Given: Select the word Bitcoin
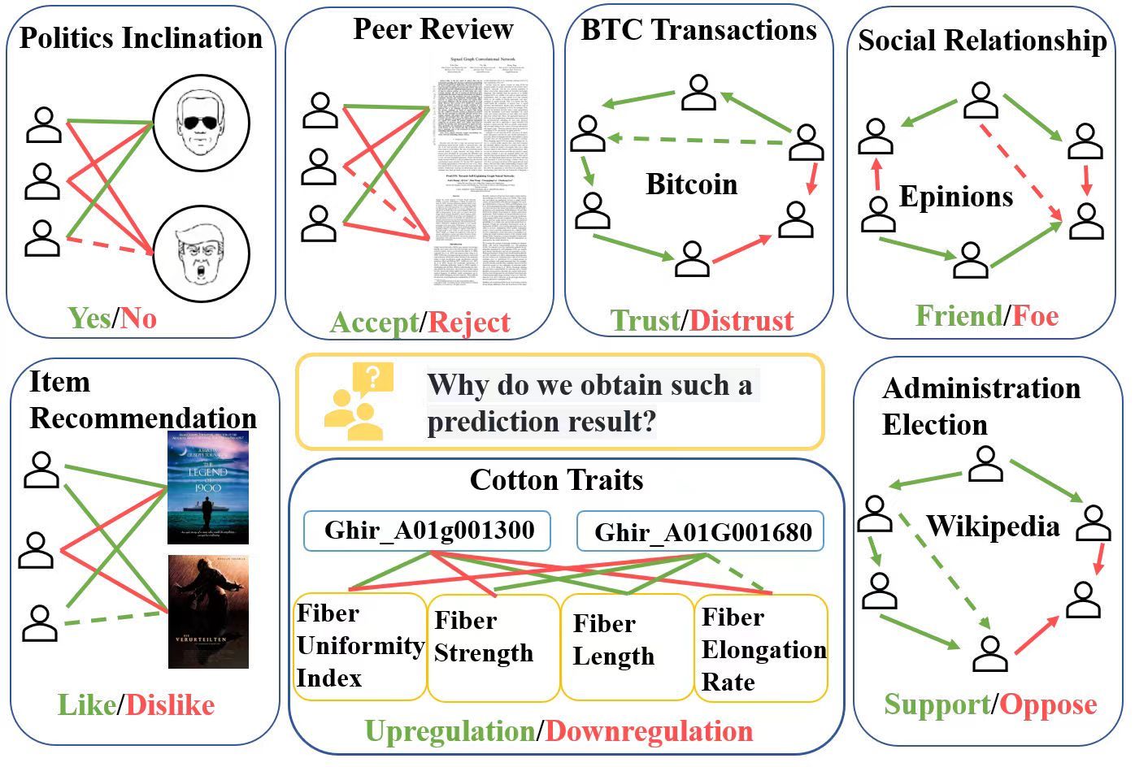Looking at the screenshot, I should (691, 184).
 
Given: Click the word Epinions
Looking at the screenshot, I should (955, 197).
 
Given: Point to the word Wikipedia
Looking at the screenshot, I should (993, 526).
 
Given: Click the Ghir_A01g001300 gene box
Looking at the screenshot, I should (428, 531).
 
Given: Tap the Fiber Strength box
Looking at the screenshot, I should (494, 647).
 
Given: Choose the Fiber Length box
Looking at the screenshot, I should (626, 647).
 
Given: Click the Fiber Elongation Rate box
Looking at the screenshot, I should (761, 648).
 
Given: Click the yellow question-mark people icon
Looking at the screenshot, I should (358, 401).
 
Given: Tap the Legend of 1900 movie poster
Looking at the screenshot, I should (207, 487).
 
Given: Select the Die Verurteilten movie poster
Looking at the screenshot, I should (207, 611).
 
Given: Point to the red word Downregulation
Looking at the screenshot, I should (649, 731).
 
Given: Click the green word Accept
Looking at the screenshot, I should (374, 323).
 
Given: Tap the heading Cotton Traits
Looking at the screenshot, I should (556, 480).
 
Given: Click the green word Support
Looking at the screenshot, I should (937, 704).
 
